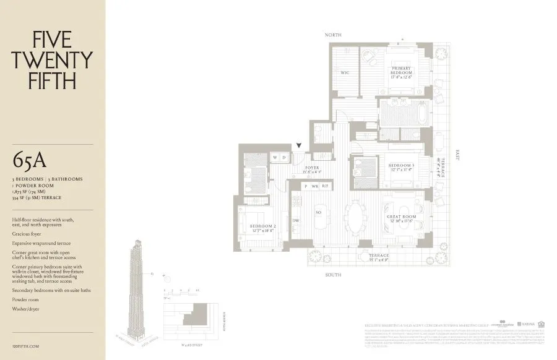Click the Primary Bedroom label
point(400,73)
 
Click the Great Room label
point(400,218)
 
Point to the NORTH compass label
point(334,35)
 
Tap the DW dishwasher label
point(296,221)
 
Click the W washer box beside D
point(275,158)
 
